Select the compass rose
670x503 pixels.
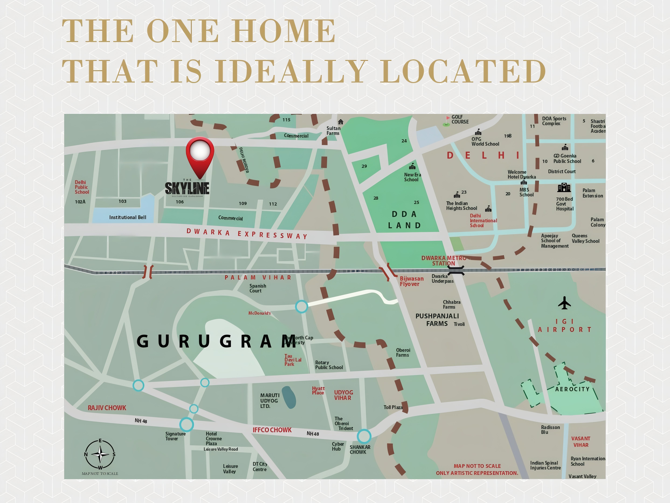click(x=100, y=454)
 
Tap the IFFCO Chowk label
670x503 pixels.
click(x=272, y=430)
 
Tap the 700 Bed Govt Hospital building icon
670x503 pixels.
click(x=564, y=187)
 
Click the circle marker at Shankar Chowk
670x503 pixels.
click(x=364, y=436)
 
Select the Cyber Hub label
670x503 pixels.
click(x=338, y=446)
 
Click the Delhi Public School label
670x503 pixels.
click(x=82, y=187)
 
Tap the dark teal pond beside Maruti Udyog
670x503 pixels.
click(x=289, y=397)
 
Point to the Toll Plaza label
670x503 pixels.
click(x=393, y=407)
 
